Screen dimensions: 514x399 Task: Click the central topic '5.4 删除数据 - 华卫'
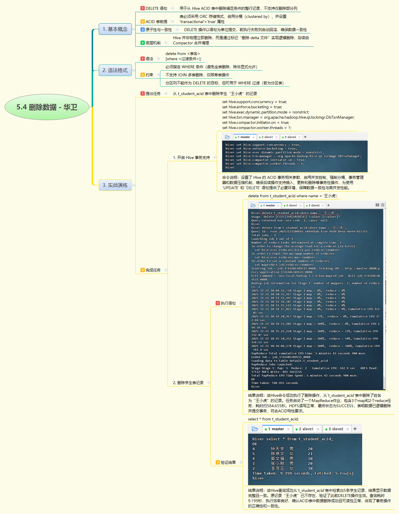pos(47,107)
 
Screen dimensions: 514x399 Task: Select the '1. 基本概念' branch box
pos(115,29)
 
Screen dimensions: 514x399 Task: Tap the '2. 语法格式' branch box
pos(115,70)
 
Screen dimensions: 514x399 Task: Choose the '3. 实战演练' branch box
pos(115,185)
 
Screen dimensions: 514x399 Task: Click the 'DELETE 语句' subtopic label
pos(156,8)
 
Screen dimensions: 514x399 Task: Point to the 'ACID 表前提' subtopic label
pos(156,22)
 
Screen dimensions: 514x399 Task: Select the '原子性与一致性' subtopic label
pos(159,30)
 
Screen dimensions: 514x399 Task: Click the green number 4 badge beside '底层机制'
pos(142,43)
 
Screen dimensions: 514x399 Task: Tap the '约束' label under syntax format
pos(149,75)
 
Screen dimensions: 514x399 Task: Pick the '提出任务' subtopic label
pos(153,94)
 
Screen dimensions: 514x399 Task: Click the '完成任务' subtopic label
pos(153,270)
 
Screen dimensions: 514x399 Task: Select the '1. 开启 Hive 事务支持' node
pos(191,158)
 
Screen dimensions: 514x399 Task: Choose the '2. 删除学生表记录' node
pos(188,383)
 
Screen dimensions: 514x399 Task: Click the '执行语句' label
pos(228,303)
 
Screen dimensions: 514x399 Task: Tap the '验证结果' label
pos(228,462)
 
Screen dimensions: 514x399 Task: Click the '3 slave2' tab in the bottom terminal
pos(336,429)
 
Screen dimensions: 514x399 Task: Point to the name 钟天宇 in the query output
pos(277,449)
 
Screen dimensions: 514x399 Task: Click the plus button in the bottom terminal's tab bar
pos(355,429)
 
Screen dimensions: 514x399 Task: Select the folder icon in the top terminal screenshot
pos(227,137)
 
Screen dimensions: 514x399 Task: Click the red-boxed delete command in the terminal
pos(300,213)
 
